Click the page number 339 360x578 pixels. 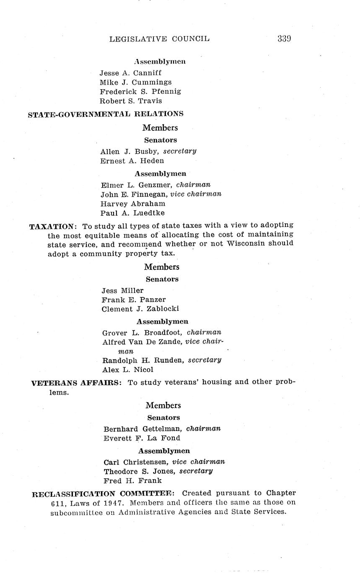click(x=284, y=39)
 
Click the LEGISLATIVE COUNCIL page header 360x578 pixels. click(x=159, y=39)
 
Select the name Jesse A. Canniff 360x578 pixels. click(x=130, y=73)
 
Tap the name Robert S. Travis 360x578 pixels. click(x=131, y=101)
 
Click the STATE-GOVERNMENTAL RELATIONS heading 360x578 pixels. click(x=106, y=114)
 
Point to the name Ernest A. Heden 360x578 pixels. click(x=132, y=161)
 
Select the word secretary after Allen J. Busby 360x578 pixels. click(x=180, y=151)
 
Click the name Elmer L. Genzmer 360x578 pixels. click(x=137, y=185)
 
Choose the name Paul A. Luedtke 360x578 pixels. click(x=132, y=213)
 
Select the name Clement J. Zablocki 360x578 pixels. click(x=140, y=309)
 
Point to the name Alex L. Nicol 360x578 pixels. click(x=128, y=370)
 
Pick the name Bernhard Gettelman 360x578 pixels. click(x=142, y=429)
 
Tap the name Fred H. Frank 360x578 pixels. click(x=132, y=481)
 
